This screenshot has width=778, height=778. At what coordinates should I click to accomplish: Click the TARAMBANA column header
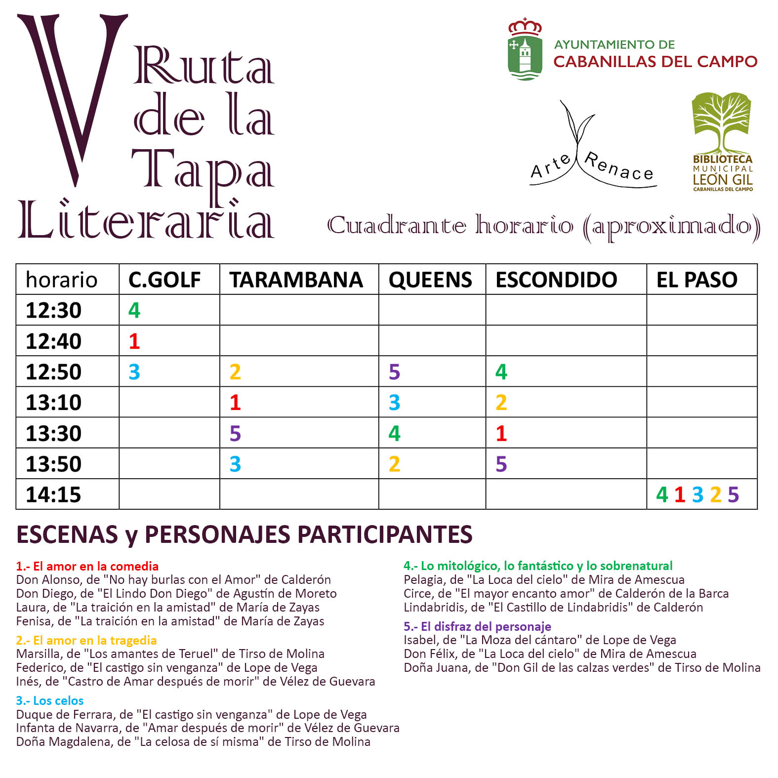pyautogui.click(x=296, y=280)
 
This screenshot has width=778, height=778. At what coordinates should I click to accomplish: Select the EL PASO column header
pyautogui.click(x=696, y=280)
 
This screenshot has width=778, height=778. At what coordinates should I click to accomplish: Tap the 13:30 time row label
pyautogui.click(x=53, y=433)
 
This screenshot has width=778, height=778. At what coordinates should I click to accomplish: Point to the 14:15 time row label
pyautogui.click(x=53, y=494)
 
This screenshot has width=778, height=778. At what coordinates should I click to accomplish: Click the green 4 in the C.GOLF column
pyautogui.click(x=134, y=310)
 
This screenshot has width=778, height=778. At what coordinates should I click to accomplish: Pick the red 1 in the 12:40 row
pyautogui.click(x=134, y=341)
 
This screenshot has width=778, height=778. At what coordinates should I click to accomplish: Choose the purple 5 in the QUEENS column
pyautogui.click(x=394, y=372)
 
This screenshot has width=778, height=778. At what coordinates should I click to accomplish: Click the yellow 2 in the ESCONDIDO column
pyautogui.click(x=501, y=403)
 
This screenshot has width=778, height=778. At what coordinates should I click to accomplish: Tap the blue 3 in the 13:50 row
pyautogui.click(x=235, y=464)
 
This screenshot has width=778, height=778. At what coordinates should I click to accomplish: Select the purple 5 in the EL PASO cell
pyautogui.click(x=733, y=494)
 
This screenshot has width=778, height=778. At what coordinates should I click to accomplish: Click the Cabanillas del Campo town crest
pyautogui.click(x=525, y=49)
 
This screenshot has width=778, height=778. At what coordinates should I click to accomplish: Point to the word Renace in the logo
pyautogui.click(x=619, y=167)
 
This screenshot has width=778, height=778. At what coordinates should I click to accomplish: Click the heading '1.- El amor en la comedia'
pyautogui.click(x=87, y=566)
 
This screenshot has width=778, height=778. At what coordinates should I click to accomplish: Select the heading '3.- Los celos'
pyautogui.click(x=50, y=700)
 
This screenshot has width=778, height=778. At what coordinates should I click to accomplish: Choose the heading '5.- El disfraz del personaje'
pyautogui.click(x=477, y=626)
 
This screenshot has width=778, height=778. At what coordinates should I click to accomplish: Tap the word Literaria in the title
pyautogui.click(x=146, y=220)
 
